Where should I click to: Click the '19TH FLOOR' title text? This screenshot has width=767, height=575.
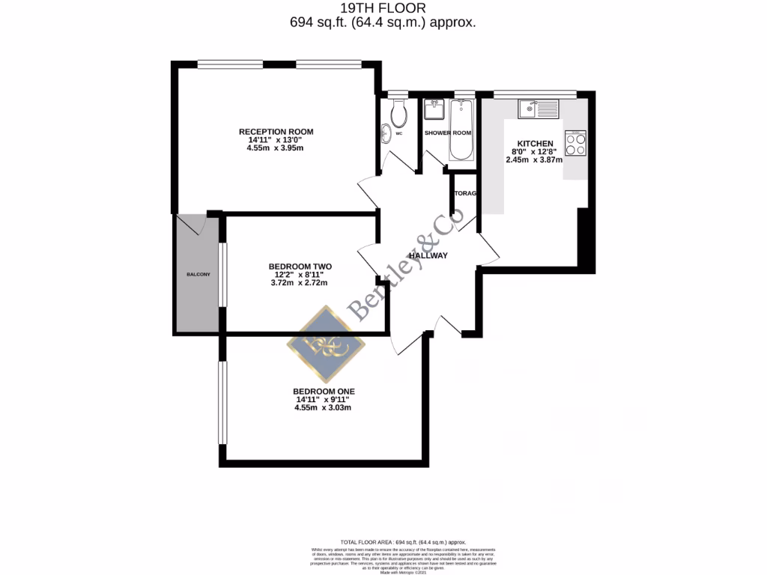383,8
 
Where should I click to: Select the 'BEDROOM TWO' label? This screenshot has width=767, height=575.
300,267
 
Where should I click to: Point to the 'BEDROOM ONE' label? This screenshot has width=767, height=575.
324,392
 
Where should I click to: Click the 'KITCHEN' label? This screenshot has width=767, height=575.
535,143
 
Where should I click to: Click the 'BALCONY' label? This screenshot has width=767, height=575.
198,275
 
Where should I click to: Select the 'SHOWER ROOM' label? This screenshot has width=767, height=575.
448,133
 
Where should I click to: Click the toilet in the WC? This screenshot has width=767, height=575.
398,112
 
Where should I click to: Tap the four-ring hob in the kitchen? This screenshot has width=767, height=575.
575,143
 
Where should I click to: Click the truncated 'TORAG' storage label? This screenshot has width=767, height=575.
465,193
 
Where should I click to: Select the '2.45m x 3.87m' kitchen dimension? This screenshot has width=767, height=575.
534,159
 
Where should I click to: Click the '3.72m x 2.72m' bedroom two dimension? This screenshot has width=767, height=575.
300,283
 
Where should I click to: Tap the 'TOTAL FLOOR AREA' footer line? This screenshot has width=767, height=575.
383,541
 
